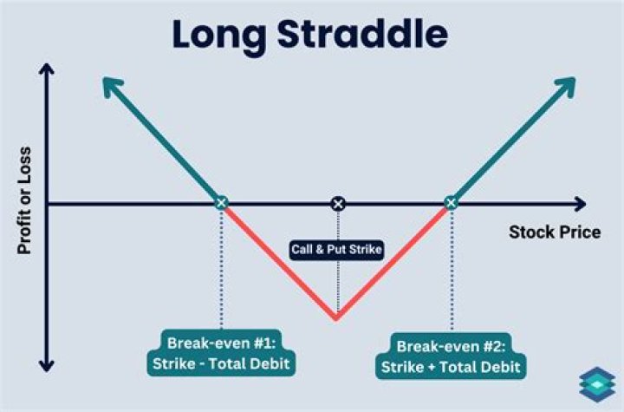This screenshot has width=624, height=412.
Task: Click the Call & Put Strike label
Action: coord(337,250)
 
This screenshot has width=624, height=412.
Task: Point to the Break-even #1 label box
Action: coord(222,355)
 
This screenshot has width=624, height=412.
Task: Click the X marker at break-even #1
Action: coord(221,203)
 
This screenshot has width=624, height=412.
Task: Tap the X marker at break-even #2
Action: coord(450,203)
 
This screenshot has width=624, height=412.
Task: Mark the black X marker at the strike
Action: coord(338,203)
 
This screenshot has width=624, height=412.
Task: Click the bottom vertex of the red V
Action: coord(336,318)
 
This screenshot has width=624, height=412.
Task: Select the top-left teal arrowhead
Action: coord(108,84)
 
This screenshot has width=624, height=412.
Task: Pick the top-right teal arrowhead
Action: coord(568,84)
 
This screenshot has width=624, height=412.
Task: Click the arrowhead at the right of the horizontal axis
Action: coord(578,204)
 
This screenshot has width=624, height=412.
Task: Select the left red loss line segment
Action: coord(277,259)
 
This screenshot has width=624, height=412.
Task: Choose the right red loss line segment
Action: coord(394,259)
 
